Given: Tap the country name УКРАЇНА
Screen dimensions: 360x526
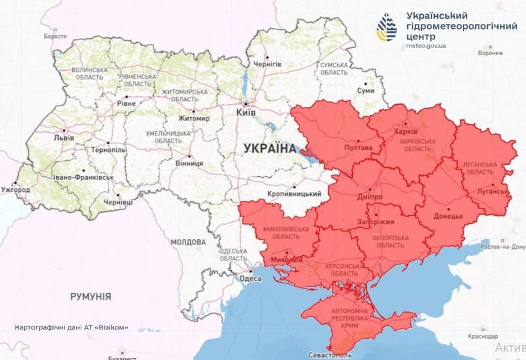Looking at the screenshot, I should coord(269,149).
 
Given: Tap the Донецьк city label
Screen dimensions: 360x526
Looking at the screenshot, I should coord(448,216).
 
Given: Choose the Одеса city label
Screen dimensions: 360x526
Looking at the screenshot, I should coord(250,279).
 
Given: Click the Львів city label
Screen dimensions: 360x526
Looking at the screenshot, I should coord(64,137).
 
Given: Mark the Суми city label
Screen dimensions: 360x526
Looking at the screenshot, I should coord(365,89).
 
